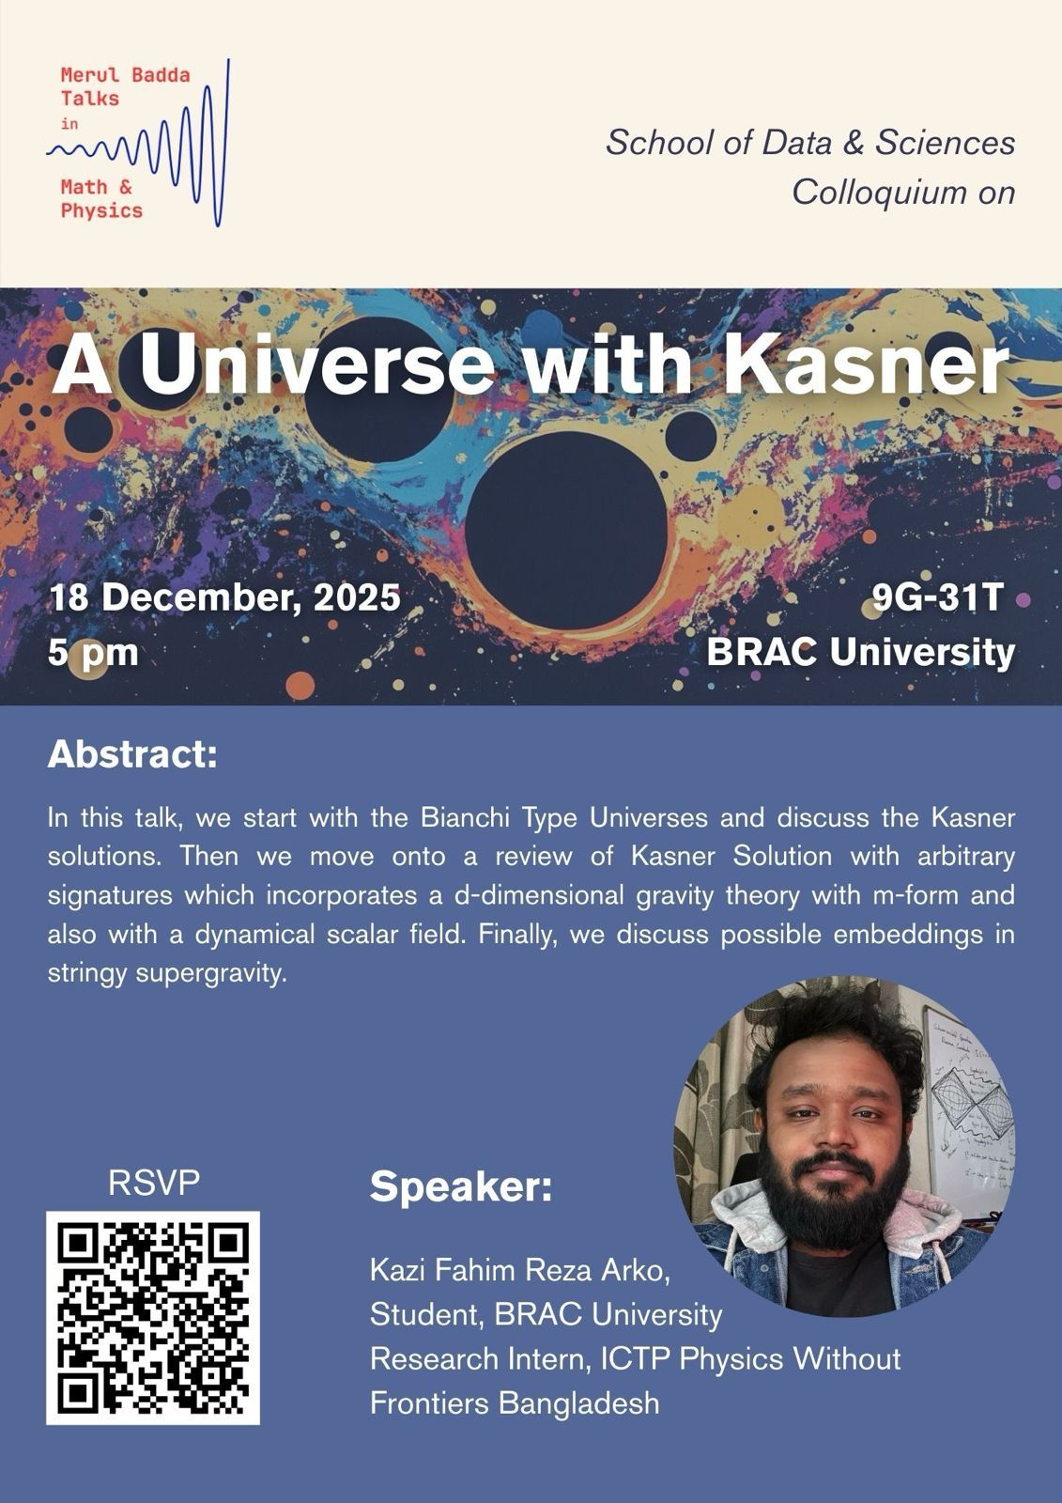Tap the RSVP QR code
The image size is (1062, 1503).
(153, 1317)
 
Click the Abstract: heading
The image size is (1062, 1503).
(132, 754)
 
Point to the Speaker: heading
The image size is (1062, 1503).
(461, 1187)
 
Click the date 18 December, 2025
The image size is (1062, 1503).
(224, 597)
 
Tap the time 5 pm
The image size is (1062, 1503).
(93, 651)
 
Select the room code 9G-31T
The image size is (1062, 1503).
(938, 597)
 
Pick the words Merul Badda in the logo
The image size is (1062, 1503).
(125, 75)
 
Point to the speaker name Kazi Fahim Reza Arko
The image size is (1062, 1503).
(520, 1270)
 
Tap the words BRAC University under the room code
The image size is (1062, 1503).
(860, 651)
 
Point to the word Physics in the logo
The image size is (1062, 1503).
(101, 210)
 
